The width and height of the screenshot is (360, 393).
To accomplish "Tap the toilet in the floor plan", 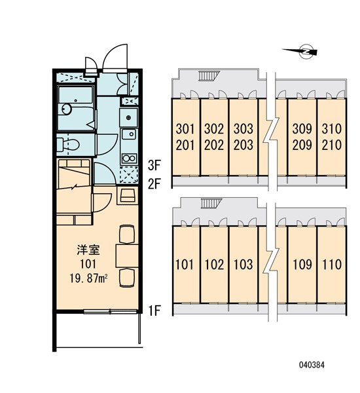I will [69, 143].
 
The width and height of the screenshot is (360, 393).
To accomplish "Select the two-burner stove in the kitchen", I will [129, 157].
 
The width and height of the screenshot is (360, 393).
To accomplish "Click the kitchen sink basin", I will [129, 119].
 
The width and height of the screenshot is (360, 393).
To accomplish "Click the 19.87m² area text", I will [89, 277].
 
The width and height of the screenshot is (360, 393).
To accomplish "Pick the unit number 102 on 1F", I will [214, 265].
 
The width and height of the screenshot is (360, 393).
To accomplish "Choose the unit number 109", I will [302, 265].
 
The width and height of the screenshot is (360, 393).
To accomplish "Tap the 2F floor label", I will [154, 183].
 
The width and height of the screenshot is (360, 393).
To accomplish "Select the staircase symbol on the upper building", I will [207, 76].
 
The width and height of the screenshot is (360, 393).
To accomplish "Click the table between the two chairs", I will [126, 254].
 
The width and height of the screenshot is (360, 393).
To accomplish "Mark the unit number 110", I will [331, 265].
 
